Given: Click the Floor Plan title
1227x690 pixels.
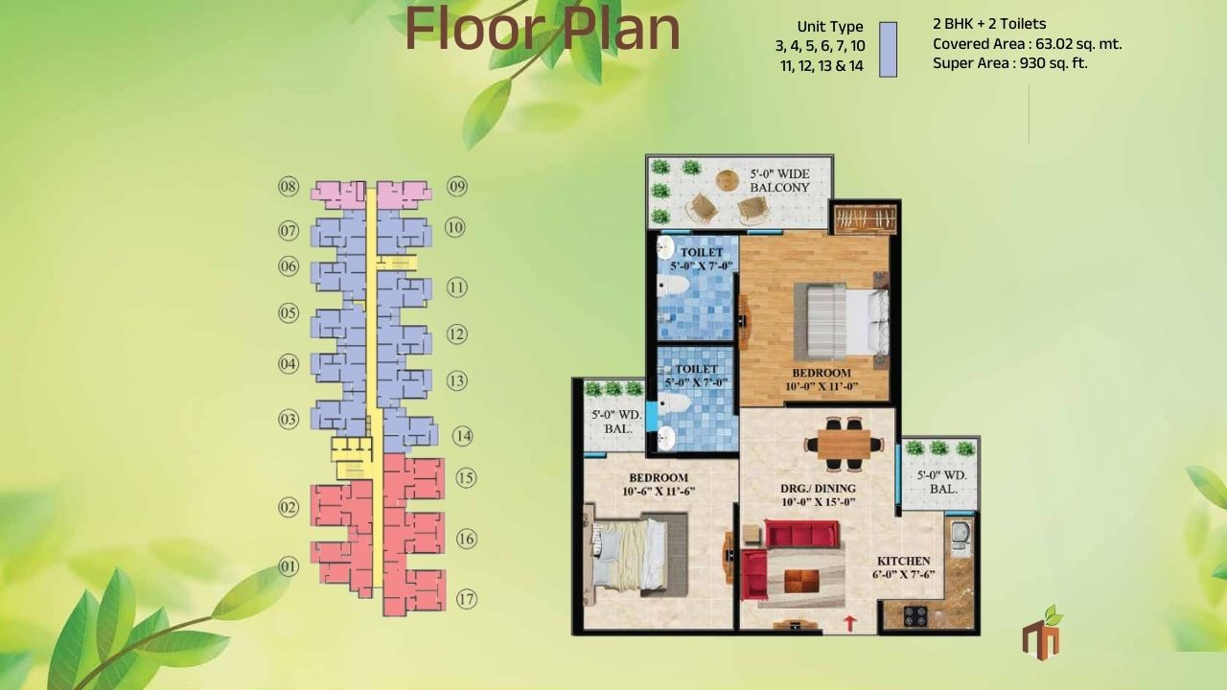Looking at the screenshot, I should click(543, 30).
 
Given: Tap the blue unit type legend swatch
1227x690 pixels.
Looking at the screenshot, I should click(888, 49).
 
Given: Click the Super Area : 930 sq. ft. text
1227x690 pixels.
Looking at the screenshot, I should click(1009, 63).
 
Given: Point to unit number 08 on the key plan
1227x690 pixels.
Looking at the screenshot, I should click(289, 186).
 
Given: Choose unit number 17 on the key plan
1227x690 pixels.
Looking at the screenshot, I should click(466, 601).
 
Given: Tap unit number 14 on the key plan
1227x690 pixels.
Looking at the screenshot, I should click(463, 436).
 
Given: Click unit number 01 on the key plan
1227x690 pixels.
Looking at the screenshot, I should click(289, 566).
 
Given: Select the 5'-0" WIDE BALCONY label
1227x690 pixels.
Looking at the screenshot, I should click(778, 180).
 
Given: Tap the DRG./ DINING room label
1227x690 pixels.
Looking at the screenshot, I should click(818, 494).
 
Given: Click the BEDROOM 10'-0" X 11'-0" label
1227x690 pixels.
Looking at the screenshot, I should click(821, 379).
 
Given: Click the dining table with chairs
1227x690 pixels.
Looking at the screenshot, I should click(838, 444).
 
